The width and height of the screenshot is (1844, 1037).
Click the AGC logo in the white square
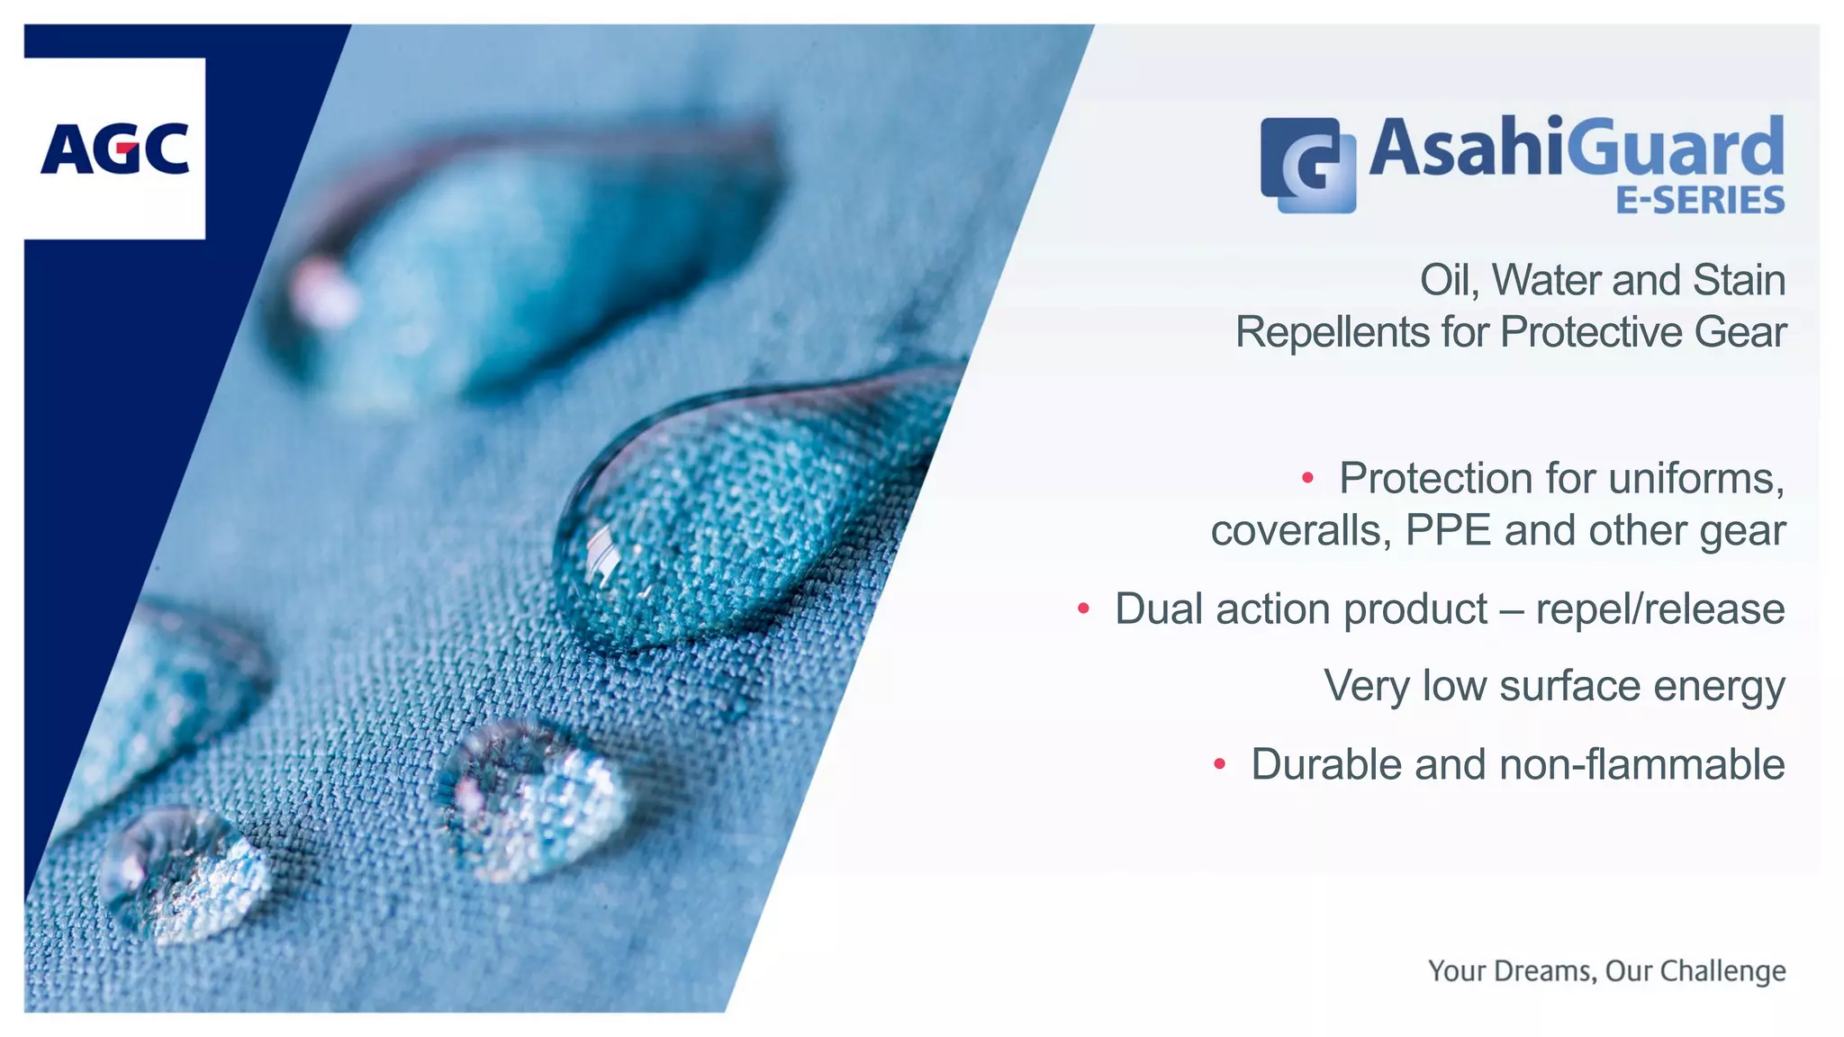(x=114, y=149)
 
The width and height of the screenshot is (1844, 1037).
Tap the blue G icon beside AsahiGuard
(x=1308, y=165)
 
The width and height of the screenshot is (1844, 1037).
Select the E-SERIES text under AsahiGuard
(x=1700, y=200)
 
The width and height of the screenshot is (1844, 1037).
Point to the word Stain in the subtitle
(x=1739, y=280)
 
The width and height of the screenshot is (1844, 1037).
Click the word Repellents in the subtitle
(x=1331, y=332)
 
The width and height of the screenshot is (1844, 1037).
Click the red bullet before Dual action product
(x=1083, y=609)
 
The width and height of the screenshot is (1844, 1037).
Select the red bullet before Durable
(x=1219, y=764)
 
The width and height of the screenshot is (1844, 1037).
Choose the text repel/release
(x=1659, y=609)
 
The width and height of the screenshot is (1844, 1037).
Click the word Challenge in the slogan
(x=1722, y=971)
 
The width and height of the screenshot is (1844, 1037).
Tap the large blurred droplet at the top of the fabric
(x=522, y=261)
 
